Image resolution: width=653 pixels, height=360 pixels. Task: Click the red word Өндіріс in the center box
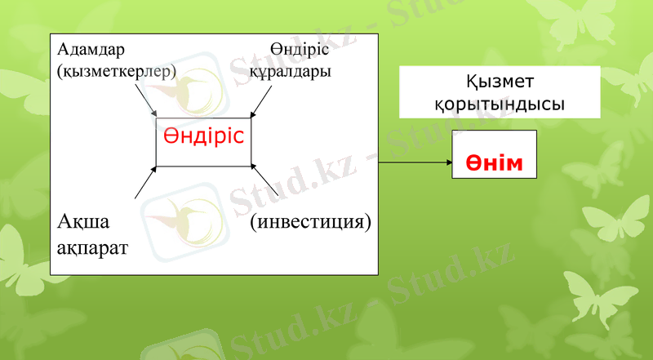(203, 135)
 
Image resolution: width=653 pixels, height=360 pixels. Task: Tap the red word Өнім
(494, 162)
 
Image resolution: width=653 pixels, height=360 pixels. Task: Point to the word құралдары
(290, 72)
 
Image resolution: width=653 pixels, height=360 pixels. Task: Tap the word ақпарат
(92, 246)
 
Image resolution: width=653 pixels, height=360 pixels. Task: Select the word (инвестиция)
(310, 221)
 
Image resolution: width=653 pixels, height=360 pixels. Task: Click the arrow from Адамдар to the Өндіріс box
(146, 103)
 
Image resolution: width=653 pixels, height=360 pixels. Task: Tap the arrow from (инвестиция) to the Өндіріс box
(266, 182)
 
